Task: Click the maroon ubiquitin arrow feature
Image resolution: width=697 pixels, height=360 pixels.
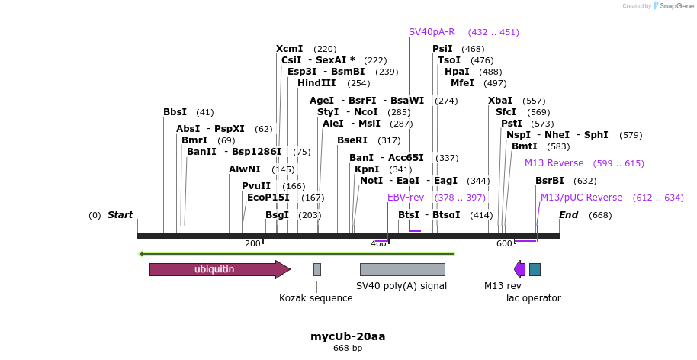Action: coord(217,269)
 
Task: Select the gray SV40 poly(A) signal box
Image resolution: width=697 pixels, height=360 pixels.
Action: coord(402,269)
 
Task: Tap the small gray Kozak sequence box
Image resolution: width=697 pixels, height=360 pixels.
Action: coord(317,269)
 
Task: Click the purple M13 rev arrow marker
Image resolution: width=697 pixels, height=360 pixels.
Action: coord(519,269)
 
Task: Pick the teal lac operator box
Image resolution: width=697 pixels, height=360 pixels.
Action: coord(535,269)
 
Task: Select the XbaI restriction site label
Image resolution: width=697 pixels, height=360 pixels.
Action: coord(500,101)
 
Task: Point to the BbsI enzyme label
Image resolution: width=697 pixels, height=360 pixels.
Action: coord(175,112)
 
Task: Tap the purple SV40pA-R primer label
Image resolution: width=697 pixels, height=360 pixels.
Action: coord(432,32)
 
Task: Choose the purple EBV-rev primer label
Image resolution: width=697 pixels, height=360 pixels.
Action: coord(405,198)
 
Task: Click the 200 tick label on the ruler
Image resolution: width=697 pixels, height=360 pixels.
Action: coord(252,243)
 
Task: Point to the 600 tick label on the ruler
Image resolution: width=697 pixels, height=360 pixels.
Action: coord(504,243)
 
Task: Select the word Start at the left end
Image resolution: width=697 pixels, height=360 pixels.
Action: coord(120,215)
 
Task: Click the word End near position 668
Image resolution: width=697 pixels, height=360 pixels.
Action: coord(569,215)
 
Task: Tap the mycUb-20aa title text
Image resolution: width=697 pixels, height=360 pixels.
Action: coord(348,336)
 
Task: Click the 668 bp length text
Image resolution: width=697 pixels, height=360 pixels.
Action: coord(348,349)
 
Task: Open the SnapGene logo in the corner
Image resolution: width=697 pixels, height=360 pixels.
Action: coord(671,6)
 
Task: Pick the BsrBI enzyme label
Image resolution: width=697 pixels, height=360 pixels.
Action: coord(549,181)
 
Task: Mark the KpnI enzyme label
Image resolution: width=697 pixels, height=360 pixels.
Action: coord(367,169)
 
